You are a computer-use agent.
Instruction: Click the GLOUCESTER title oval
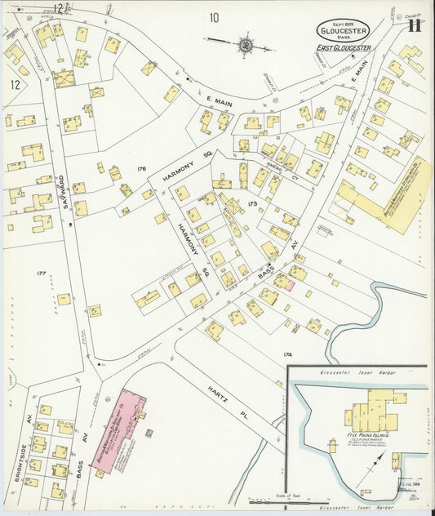coord(343,29)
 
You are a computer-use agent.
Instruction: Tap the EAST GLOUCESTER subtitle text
coord(344,48)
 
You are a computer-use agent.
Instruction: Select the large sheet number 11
coord(415,24)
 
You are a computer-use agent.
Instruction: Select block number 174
coord(286,354)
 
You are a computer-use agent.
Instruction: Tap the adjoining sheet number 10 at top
coord(214,17)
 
